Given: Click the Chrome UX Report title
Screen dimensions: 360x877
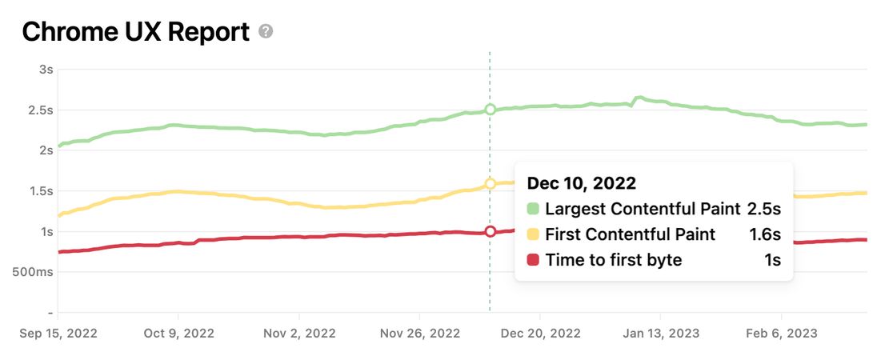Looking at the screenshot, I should [136, 32].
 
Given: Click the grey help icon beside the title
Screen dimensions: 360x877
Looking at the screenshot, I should [266, 32].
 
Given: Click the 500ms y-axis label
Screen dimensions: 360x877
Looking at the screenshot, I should [34, 272].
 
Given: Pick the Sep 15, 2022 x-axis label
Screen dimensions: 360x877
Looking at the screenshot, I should [58, 333].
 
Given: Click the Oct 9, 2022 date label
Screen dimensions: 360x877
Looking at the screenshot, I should [178, 333].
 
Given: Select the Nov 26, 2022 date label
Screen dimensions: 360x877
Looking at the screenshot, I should [421, 333].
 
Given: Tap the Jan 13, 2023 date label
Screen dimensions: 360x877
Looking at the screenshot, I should [661, 333].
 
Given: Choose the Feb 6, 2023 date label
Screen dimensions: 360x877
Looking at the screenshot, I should [782, 333].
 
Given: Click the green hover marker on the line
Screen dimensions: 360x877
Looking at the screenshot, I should [491, 110].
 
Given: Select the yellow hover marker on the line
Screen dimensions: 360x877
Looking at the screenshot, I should [491, 184].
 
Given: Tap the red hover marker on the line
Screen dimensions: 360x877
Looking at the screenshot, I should [491, 231].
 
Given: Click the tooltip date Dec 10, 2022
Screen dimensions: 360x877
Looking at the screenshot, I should [581, 183].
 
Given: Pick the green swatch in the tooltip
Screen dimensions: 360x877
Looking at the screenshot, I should [533, 210].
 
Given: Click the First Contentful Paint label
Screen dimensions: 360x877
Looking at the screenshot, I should [631, 234].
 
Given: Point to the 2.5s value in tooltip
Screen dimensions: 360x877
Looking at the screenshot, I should [763, 210].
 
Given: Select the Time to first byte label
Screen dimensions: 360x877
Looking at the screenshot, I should [614, 259].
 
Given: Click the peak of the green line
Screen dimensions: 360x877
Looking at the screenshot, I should [639, 98].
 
